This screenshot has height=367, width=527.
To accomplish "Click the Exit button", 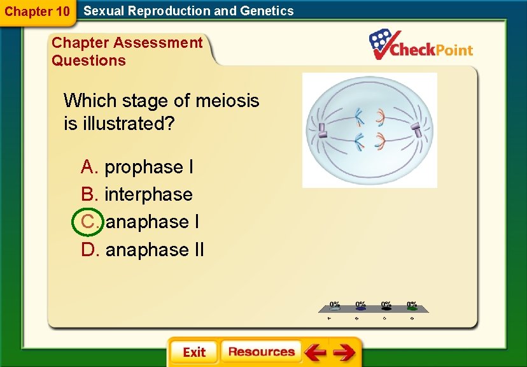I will coord(193,352).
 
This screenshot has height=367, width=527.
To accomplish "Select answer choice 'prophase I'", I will coord(148,167).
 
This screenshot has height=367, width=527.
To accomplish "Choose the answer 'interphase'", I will coord(148,194).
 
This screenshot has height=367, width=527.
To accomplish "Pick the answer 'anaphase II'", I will coord(154,250).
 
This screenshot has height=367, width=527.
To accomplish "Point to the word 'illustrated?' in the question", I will coord(128,124).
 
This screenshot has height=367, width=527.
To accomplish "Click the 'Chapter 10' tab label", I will coord(37,11).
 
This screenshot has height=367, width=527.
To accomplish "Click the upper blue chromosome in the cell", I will coord(360,116).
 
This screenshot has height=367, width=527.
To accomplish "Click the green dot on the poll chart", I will coord(412,308).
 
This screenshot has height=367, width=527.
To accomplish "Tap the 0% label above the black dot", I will coord(386,305).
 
